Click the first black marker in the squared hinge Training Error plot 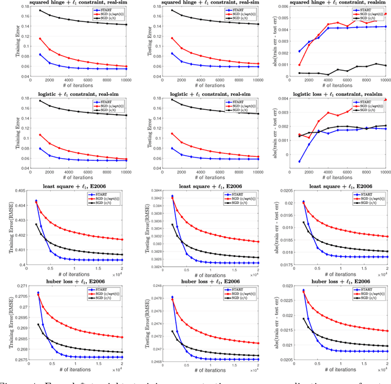point(40,10)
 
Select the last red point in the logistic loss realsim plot point(386,100)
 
